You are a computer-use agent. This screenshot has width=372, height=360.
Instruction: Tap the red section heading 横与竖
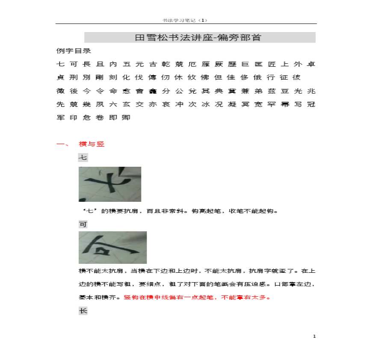(x=92, y=144)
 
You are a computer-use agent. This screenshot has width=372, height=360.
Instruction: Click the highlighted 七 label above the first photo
(x=83, y=158)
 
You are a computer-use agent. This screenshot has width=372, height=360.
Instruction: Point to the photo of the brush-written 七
(x=109, y=184)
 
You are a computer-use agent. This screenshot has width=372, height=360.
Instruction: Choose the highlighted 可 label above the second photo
(x=83, y=224)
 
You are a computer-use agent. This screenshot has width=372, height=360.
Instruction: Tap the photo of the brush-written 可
(x=112, y=248)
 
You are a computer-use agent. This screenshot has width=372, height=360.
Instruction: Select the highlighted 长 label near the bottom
(x=83, y=311)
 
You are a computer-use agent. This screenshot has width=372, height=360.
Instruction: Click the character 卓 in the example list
(x=311, y=65)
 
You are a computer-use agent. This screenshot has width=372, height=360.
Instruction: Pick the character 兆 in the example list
(x=311, y=91)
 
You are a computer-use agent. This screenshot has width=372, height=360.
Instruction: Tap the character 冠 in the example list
(x=311, y=104)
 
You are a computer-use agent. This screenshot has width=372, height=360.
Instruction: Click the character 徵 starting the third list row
(x=60, y=91)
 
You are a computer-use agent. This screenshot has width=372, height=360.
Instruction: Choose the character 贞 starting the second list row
(x=60, y=78)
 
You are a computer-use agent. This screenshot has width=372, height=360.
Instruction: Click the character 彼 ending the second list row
(x=296, y=78)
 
